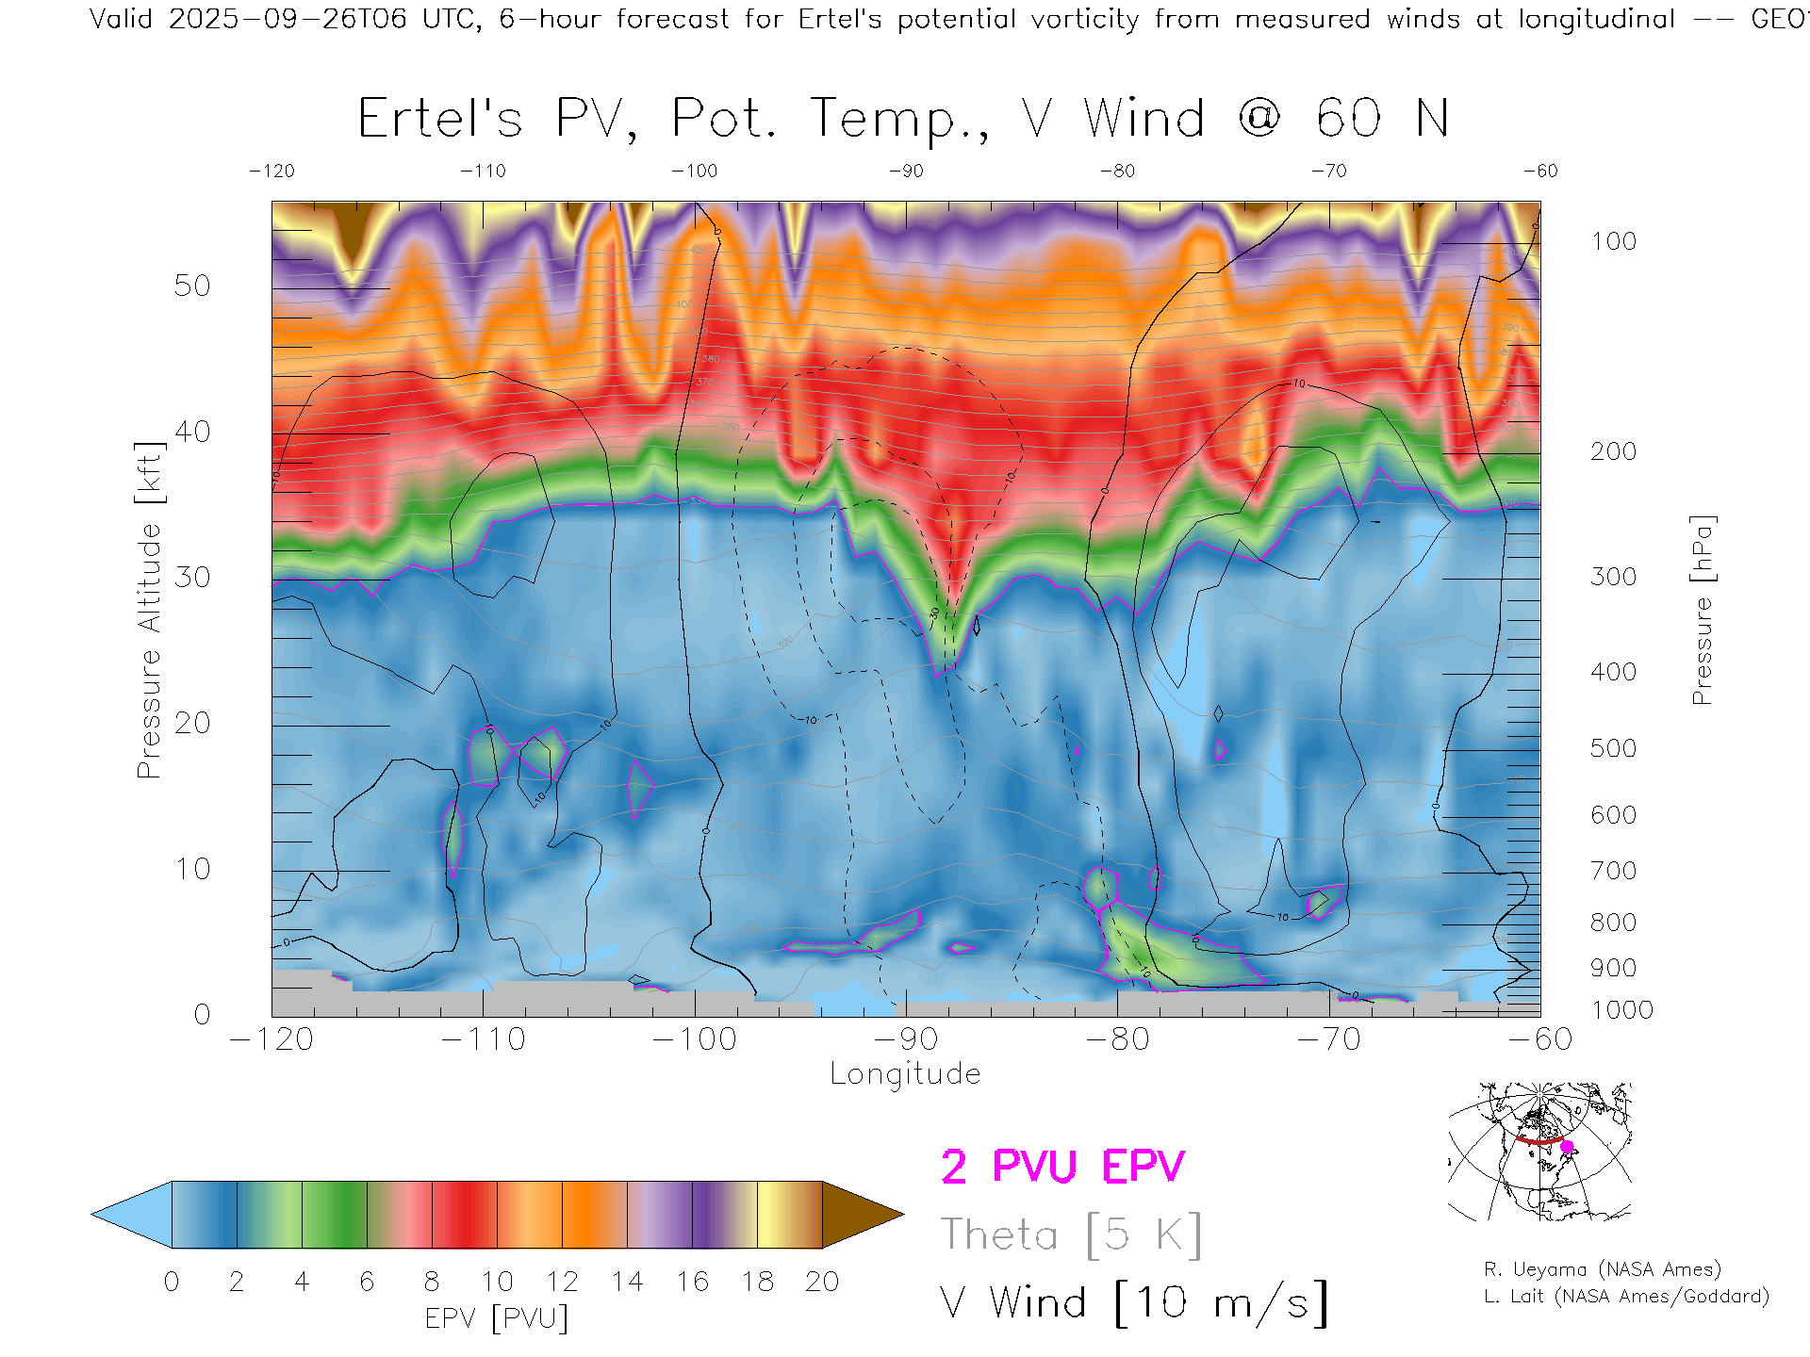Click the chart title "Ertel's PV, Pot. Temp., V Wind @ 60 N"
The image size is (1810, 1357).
tap(903, 120)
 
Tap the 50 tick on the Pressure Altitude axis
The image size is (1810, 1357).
tap(192, 286)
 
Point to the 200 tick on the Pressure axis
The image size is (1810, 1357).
tap(1613, 451)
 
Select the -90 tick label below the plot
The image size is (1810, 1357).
tap(906, 1039)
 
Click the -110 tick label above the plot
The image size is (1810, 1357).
tap(483, 171)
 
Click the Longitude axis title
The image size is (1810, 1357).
tap(905, 1074)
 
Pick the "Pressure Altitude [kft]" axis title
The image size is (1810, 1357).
tap(149, 610)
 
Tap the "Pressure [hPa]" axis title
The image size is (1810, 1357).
tap(1702, 610)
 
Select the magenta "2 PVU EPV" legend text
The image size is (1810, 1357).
tap(1062, 1167)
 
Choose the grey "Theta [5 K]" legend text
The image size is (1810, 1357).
tap(1071, 1234)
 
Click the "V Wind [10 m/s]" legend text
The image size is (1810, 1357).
tap(1134, 1302)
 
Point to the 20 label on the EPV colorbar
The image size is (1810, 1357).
tap(822, 1282)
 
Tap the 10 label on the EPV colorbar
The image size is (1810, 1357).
tap(497, 1282)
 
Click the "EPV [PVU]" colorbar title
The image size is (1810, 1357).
tap(497, 1318)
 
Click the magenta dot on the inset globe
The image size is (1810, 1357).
tap(1567, 1147)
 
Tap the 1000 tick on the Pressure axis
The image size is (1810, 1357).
tap(1621, 1010)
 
